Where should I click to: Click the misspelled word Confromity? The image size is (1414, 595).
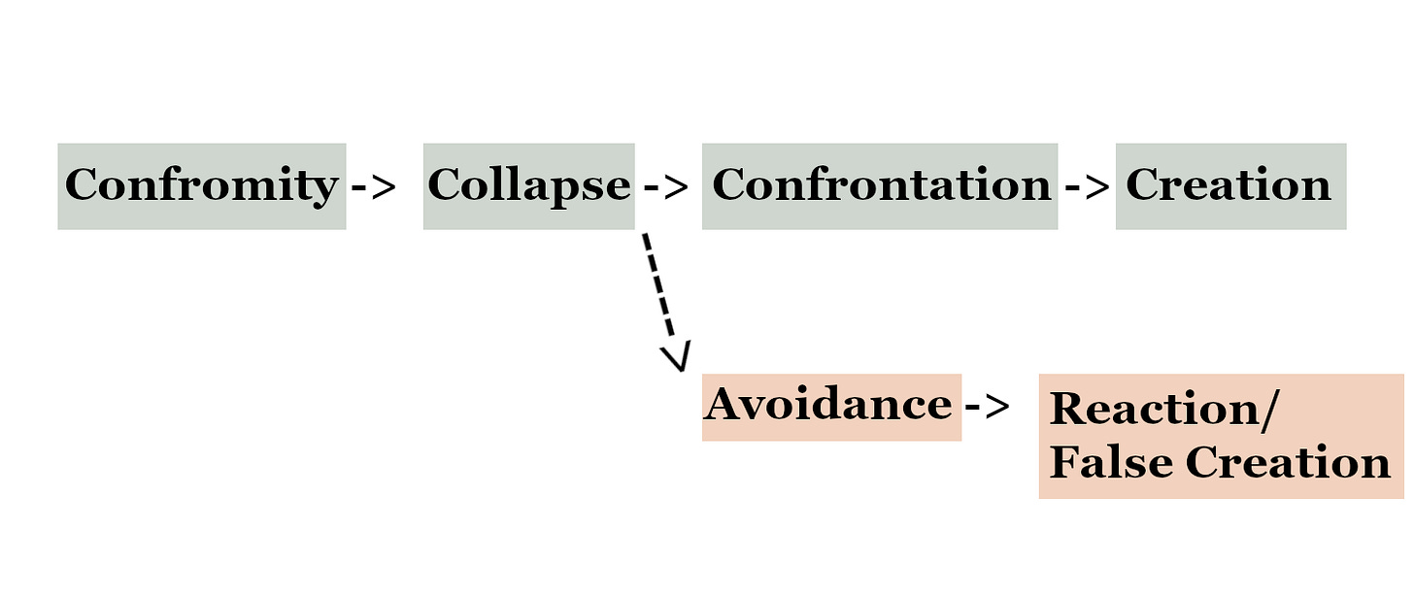(x=200, y=185)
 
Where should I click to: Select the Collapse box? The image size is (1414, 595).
(x=528, y=185)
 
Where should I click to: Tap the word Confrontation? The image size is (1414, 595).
(x=881, y=185)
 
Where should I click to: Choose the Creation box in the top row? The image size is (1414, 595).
(x=1229, y=185)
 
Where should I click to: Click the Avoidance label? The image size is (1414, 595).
(x=828, y=405)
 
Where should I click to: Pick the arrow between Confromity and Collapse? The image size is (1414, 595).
(x=373, y=186)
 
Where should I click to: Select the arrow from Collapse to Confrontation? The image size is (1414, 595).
(x=665, y=186)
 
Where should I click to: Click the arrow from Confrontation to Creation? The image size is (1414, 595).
(x=1086, y=186)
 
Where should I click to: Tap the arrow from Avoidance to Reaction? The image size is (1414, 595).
(x=987, y=407)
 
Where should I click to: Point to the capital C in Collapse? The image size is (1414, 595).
(x=444, y=185)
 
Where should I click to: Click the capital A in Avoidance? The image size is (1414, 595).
(x=724, y=405)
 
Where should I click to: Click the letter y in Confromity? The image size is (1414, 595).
(x=324, y=190)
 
